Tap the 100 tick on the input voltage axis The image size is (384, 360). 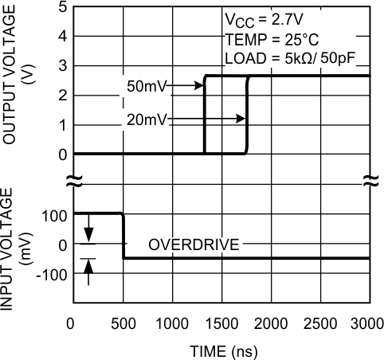point(55,214)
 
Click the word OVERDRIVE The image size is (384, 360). point(194,245)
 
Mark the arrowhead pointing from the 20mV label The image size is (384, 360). point(241,120)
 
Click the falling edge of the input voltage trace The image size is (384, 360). point(123,236)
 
